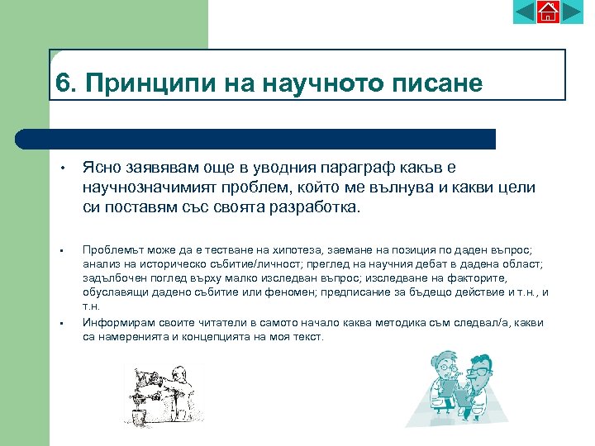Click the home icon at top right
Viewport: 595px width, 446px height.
(548, 12)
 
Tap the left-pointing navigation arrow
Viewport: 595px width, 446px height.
(525, 12)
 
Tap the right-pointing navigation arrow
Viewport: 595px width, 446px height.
(572, 12)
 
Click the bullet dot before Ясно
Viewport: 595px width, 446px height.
(62, 169)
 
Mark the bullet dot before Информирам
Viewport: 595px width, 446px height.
(62, 323)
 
